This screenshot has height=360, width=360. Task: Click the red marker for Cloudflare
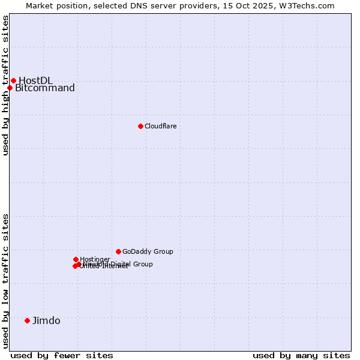tap(140, 126)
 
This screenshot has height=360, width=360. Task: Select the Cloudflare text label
tap(160, 126)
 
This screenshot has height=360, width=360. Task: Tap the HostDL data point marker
tap(13, 80)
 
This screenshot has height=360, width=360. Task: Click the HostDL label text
tap(35, 80)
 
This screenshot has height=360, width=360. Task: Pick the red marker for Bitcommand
tap(10, 88)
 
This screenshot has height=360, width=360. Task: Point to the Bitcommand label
tap(45, 88)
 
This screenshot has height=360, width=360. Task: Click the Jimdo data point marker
tap(27, 320)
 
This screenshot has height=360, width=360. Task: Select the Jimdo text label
tap(46, 320)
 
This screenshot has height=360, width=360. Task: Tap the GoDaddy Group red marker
tap(118, 251)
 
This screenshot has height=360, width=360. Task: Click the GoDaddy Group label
tap(148, 251)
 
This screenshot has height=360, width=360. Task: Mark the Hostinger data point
tap(76, 259)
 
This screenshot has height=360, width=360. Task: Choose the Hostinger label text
tap(95, 259)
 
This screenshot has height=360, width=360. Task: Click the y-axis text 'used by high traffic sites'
tap(6, 85)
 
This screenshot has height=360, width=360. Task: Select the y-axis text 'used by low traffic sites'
tap(6, 281)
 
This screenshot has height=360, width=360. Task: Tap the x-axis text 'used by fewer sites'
tap(62, 355)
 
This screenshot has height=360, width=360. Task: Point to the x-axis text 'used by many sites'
tap(301, 355)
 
